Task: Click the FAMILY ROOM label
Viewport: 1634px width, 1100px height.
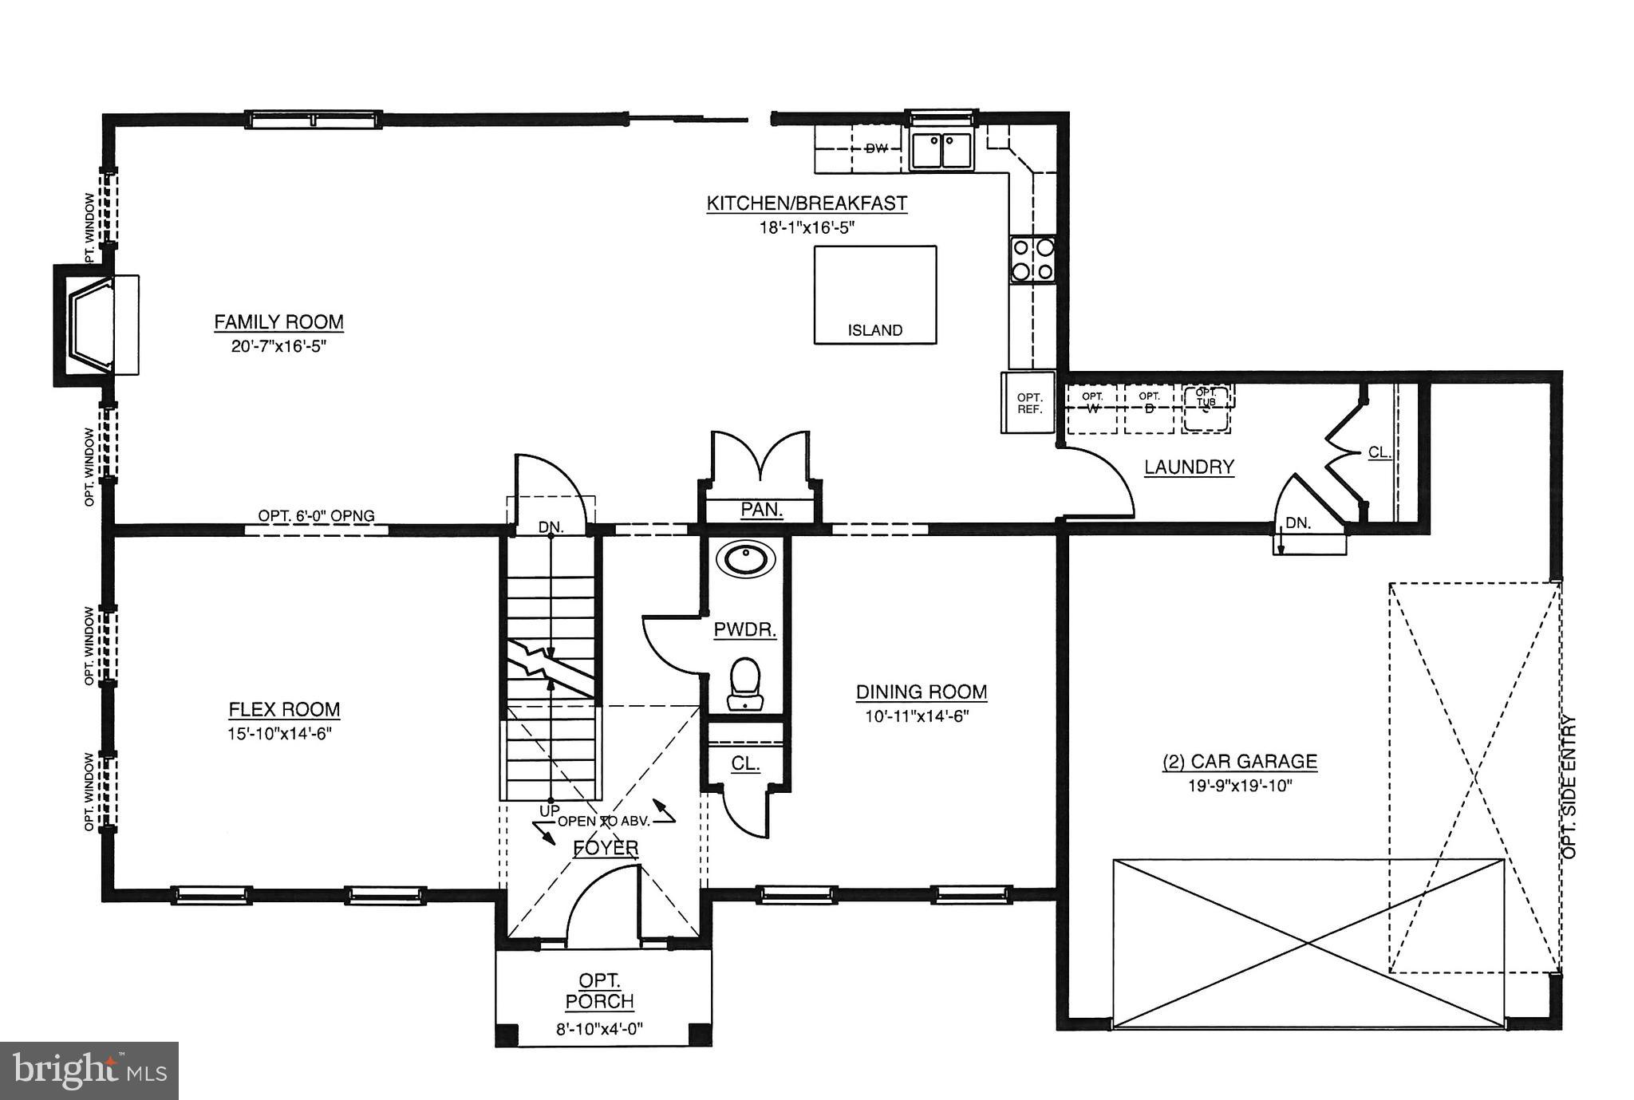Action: [278, 322]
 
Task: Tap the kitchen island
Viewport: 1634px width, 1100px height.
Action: [874, 295]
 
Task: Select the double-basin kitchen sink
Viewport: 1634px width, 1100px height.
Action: [941, 151]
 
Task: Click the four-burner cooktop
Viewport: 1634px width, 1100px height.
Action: [1032, 259]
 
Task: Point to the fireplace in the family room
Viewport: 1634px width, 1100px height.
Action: [94, 325]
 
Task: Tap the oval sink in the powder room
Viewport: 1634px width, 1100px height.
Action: [745, 558]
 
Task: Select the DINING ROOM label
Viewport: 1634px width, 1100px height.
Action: [922, 692]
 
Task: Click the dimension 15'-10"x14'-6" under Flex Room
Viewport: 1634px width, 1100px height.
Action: [279, 733]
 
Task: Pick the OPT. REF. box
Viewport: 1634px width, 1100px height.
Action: [1029, 404]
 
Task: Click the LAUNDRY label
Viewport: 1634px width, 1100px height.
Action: [1189, 467]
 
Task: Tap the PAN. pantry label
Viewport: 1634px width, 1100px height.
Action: [761, 510]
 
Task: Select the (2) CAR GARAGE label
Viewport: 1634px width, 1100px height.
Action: [1239, 762]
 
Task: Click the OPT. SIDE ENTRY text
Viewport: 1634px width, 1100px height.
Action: [1569, 787]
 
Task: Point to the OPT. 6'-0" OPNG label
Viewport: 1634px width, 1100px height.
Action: [316, 516]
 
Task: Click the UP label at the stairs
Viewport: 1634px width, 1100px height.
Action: [549, 810]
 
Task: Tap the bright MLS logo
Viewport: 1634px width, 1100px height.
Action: [89, 1070]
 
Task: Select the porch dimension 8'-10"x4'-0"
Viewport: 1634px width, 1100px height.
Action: [599, 1030]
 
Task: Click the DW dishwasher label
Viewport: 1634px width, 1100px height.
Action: [876, 148]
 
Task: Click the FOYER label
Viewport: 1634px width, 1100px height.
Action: [606, 848]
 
